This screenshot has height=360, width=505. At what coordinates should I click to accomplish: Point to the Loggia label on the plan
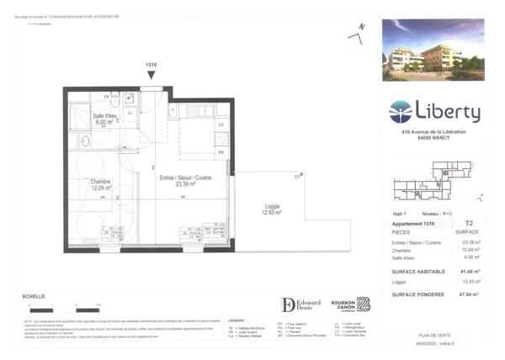(272, 209)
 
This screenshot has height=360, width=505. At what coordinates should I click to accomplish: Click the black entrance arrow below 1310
(151, 76)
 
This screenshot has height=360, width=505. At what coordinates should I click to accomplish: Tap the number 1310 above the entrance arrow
(151, 65)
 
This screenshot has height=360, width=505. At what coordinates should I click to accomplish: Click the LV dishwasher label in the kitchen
(221, 125)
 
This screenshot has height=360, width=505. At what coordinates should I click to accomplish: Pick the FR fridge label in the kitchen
(221, 152)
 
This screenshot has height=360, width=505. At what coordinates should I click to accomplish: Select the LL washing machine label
(130, 112)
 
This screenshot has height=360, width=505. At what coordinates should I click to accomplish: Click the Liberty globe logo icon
(401, 111)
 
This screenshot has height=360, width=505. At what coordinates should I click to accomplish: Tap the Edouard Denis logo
(302, 304)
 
